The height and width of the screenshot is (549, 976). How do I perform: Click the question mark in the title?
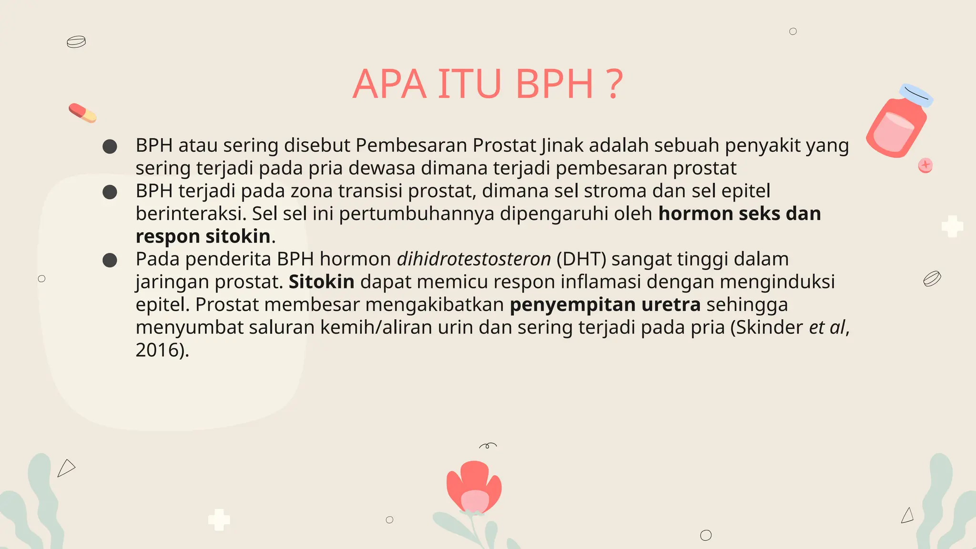coord(615,84)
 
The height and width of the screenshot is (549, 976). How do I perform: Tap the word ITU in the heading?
coord(469,84)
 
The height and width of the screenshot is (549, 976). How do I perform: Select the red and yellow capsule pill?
coord(82,113)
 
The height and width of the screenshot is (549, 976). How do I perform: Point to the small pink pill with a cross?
coord(925,165)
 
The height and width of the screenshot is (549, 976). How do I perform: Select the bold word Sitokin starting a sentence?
coord(321,282)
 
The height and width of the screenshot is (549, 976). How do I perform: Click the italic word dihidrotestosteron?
coord(474,259)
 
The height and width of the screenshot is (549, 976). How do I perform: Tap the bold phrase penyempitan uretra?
coord(605,305)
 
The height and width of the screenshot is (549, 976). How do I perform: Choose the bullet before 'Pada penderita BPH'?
coord(110,260)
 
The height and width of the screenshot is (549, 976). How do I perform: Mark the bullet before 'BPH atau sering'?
coord(110,146)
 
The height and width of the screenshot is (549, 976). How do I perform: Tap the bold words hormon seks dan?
coord(739,213)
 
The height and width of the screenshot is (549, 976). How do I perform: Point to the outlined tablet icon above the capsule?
coord(76,42)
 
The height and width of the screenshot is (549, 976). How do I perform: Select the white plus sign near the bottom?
coord(219,519)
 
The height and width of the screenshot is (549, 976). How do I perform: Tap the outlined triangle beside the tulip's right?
coord(907,516)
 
